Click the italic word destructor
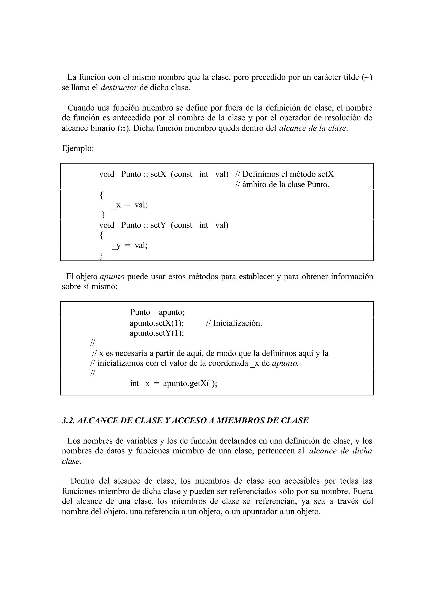pyautogui.click(x=119, y=88)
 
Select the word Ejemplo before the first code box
pyautogui.click(x=78, y=148)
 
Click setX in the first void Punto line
pyautogui.click(x=158, y=174)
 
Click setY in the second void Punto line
pyautogui.click(x=158, y=225)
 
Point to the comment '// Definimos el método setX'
pyautogui.click(x=284, y=174)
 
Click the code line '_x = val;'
pyautogui.click(x=130, y=205)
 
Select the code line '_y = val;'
pyautogui.click(x=130, y=245)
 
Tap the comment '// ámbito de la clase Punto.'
pyautogui.click(x=282, y=185)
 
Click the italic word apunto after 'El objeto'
pyautogui.click(x=112, y=276)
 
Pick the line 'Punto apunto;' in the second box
pyautogui.click(x=157, y=312)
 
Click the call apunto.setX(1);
pyautogui.click(x=157, y=323)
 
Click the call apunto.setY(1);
pyautogui.click(x=157, y=333)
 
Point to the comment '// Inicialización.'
pyautogui.click(x=234, y=323)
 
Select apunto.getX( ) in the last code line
pyautogui.click(x=190, y=384)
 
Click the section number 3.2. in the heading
pyautogui.click(x=68, y=420)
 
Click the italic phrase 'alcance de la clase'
pyautogui.click(x=313, y=128)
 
